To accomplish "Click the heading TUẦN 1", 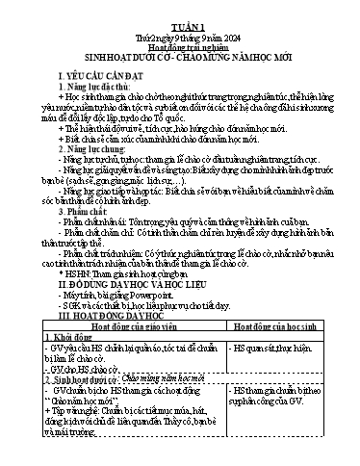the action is (179, 10).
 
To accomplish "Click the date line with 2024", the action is (179, 20).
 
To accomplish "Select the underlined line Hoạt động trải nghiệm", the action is (179, 31).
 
